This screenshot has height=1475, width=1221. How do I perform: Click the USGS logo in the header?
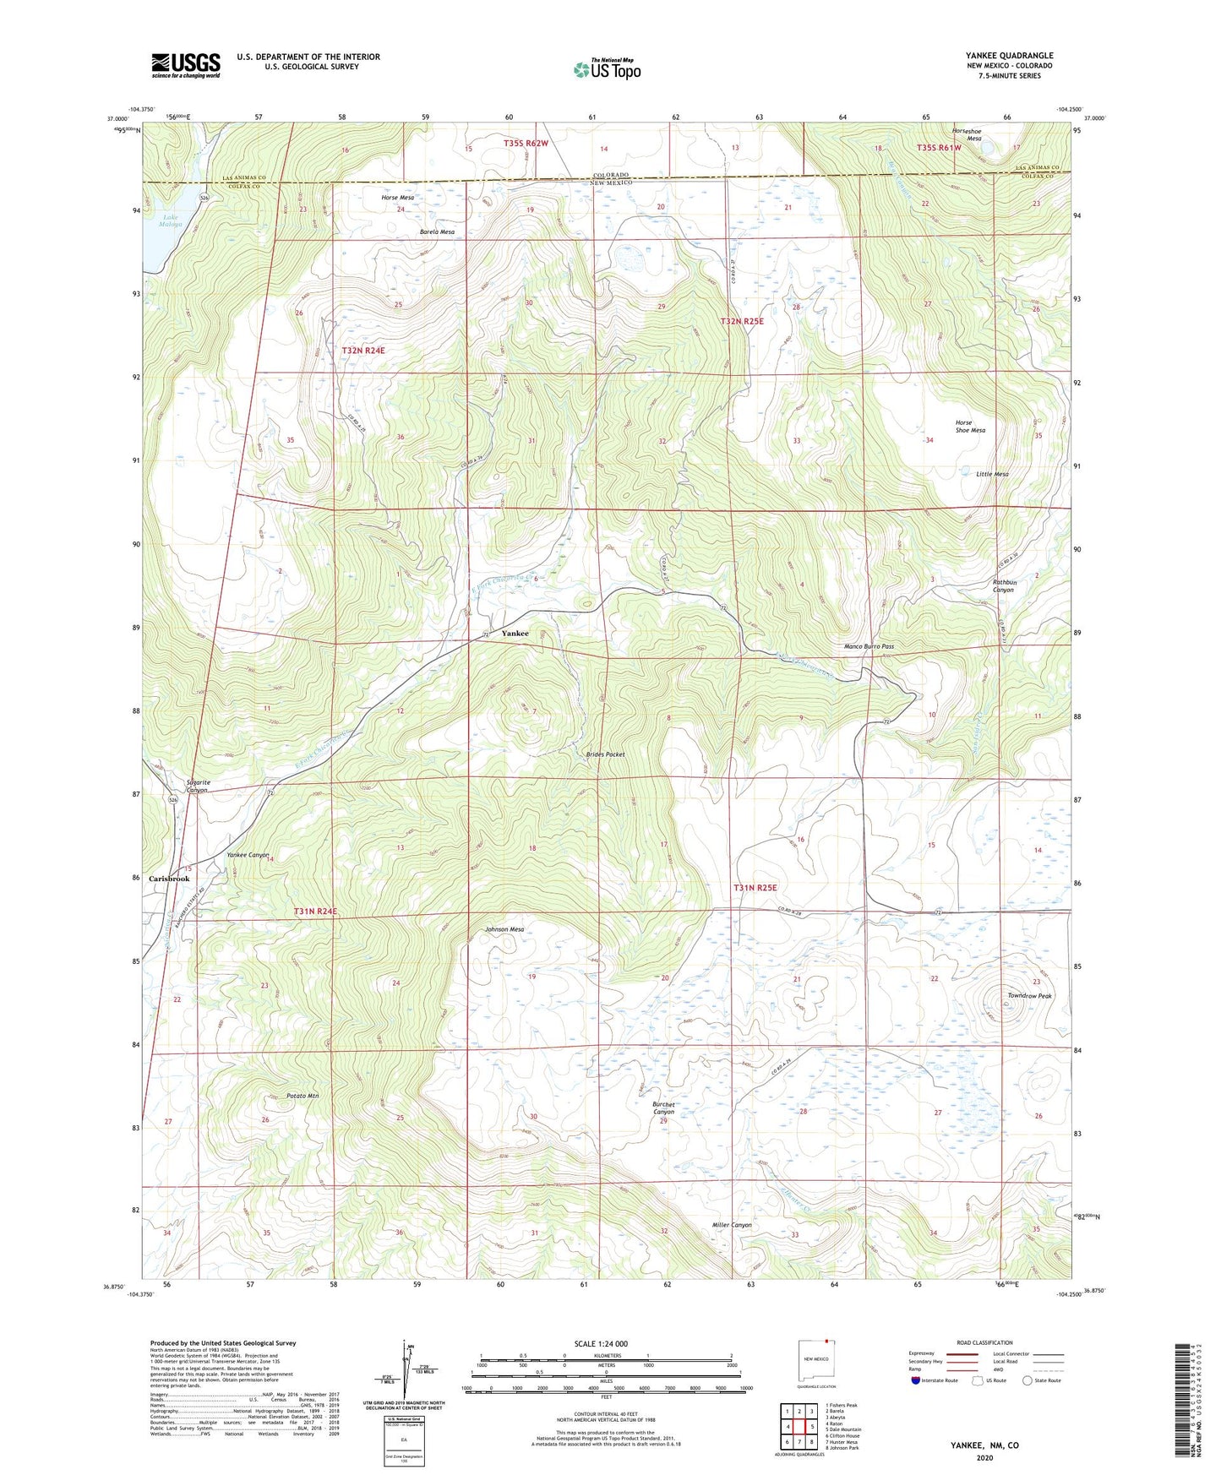coord(186,64)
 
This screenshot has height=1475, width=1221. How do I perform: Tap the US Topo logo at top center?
coord(607,69)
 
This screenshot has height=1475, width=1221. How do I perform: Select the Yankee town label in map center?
coord(515,633)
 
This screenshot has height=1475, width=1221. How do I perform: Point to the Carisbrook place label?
coord(169,879)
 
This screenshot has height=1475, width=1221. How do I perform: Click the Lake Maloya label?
coord(172,220)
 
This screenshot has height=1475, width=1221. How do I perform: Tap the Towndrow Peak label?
coord(1029,996)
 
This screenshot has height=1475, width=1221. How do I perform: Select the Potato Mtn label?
coord(303,1096)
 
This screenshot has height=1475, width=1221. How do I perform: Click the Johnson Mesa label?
coord(504,929)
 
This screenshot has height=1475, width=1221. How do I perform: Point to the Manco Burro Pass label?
coord(869,646)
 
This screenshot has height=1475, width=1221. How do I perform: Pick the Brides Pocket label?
coord(605,754)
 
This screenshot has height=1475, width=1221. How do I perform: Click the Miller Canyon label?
coord(731,1225)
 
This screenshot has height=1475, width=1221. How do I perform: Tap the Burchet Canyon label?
coord(663,1108)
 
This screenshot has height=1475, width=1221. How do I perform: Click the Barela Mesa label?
coord(437,231)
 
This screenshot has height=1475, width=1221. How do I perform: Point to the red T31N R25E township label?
coord(755,888)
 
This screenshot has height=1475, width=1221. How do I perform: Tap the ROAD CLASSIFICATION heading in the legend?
coord(985,1342)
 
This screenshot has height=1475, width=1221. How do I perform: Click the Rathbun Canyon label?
coord(1003,586)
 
